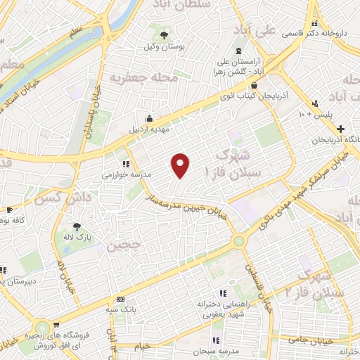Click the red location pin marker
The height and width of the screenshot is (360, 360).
coord(181,165)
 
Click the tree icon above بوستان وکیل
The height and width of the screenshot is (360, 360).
coord(164,33)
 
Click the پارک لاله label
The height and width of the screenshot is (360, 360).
coord(76,238)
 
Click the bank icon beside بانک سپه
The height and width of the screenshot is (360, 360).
coord(120,299)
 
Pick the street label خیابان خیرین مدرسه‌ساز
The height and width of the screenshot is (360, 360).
coord(186,205)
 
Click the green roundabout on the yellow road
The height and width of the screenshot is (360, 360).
coord(239,241)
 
